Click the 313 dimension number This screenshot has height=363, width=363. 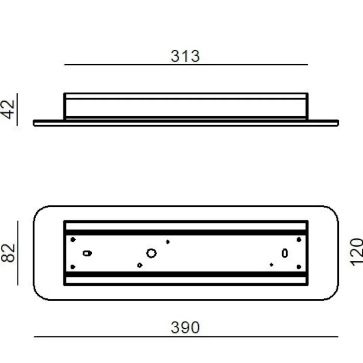185,56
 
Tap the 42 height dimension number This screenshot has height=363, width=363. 9,109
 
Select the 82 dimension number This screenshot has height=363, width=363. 8,253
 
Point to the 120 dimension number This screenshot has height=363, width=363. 356,252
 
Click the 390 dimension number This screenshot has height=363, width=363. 185,327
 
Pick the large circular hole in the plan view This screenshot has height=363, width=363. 151,253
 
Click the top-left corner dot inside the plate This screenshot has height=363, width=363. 73,240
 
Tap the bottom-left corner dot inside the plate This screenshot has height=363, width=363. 73,267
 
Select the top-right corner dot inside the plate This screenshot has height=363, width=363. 299,240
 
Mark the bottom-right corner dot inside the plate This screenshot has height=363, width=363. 299,267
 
